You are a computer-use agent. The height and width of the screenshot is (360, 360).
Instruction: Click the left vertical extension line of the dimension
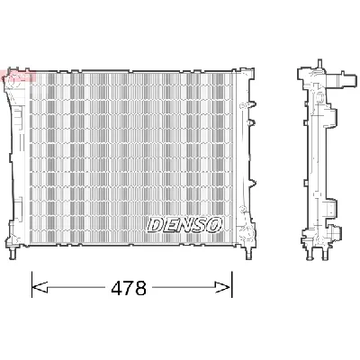(32, 279)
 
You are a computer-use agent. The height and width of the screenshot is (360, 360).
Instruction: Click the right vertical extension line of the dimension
(232, 279)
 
